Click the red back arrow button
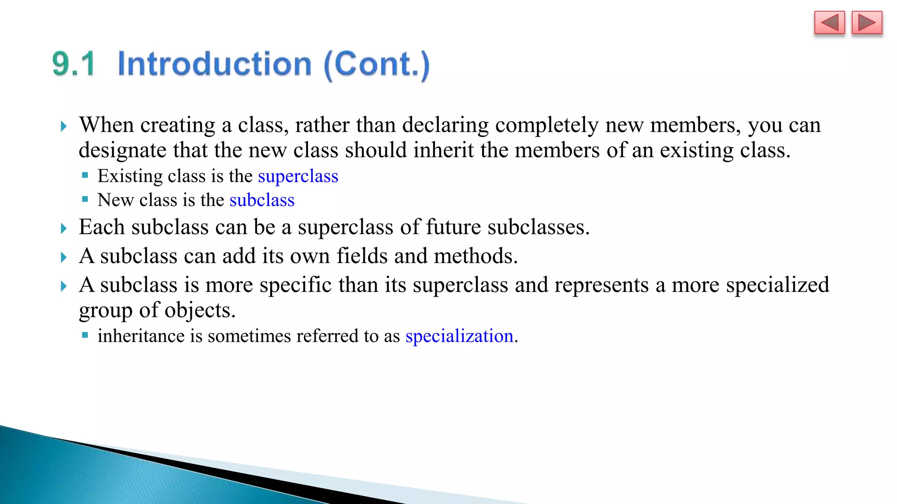point(829,23)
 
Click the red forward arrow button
point(866,23)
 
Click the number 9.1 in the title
point(74,64)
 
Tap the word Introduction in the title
point(215,64)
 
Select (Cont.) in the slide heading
point(377,65)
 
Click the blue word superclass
point(298,176)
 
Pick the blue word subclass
point(262,200)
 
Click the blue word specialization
point(459,336)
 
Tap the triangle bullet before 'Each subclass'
point(64,228)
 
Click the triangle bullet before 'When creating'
point(64,126)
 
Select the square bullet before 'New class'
point(85,199)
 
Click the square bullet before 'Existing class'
point(85,175)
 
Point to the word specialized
point(777,285)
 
